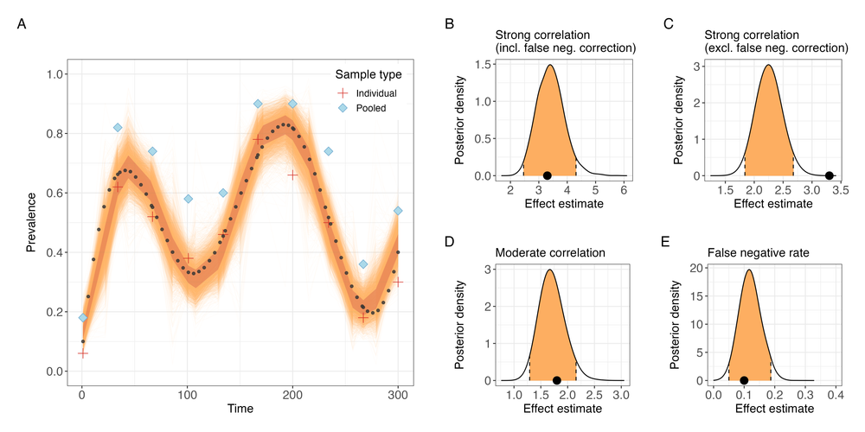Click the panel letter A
[x=22, y=24]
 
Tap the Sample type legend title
[x=373, y=74]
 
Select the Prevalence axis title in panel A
[x=31, y=222]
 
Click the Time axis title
[x=240, y=410]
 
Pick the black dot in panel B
[x=547, y=175]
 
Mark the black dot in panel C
[x=829, y=175]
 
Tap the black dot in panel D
[x=556, y=380]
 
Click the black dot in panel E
[x=744, y=380]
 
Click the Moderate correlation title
[x=548, y=253]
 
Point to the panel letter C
[x=668, y=24]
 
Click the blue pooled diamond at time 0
[x=83, y=318]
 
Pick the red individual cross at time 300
[x=398, y=282]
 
